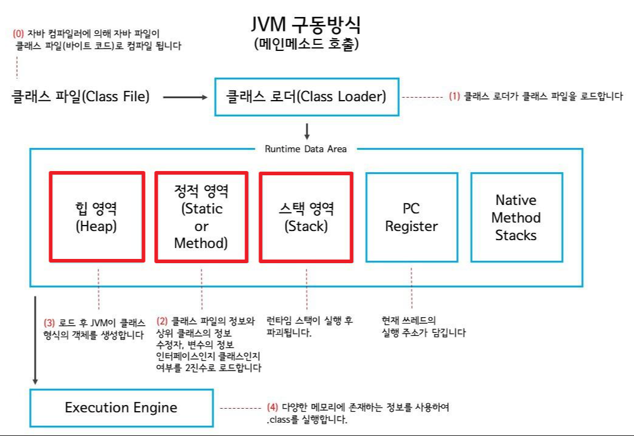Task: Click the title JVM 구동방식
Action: [x=306, y=24]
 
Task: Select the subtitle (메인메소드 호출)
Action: [x=306, y=44]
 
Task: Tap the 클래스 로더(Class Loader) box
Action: [x=306, y=96]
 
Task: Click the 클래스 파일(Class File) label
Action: [x=81, y=96]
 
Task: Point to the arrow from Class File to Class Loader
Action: [x=185, y=96]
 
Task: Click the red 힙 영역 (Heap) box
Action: [x=97, y=217]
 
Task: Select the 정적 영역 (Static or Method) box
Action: [x=201, y=217]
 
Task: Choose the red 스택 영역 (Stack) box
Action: [x=306, y=217]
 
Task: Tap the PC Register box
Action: [x=411, y=217]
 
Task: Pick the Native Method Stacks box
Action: [x=516, y=217]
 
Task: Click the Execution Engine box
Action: [x=121, y=407]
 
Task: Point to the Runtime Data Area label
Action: [x=306, y=149]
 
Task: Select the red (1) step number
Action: [x=454, y=96]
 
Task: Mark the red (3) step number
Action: [x=50, y=323]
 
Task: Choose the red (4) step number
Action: [x=272, y=407]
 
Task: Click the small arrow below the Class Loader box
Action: [x=307, y=132]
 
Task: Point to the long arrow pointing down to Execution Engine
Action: [x=36, y=340]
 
